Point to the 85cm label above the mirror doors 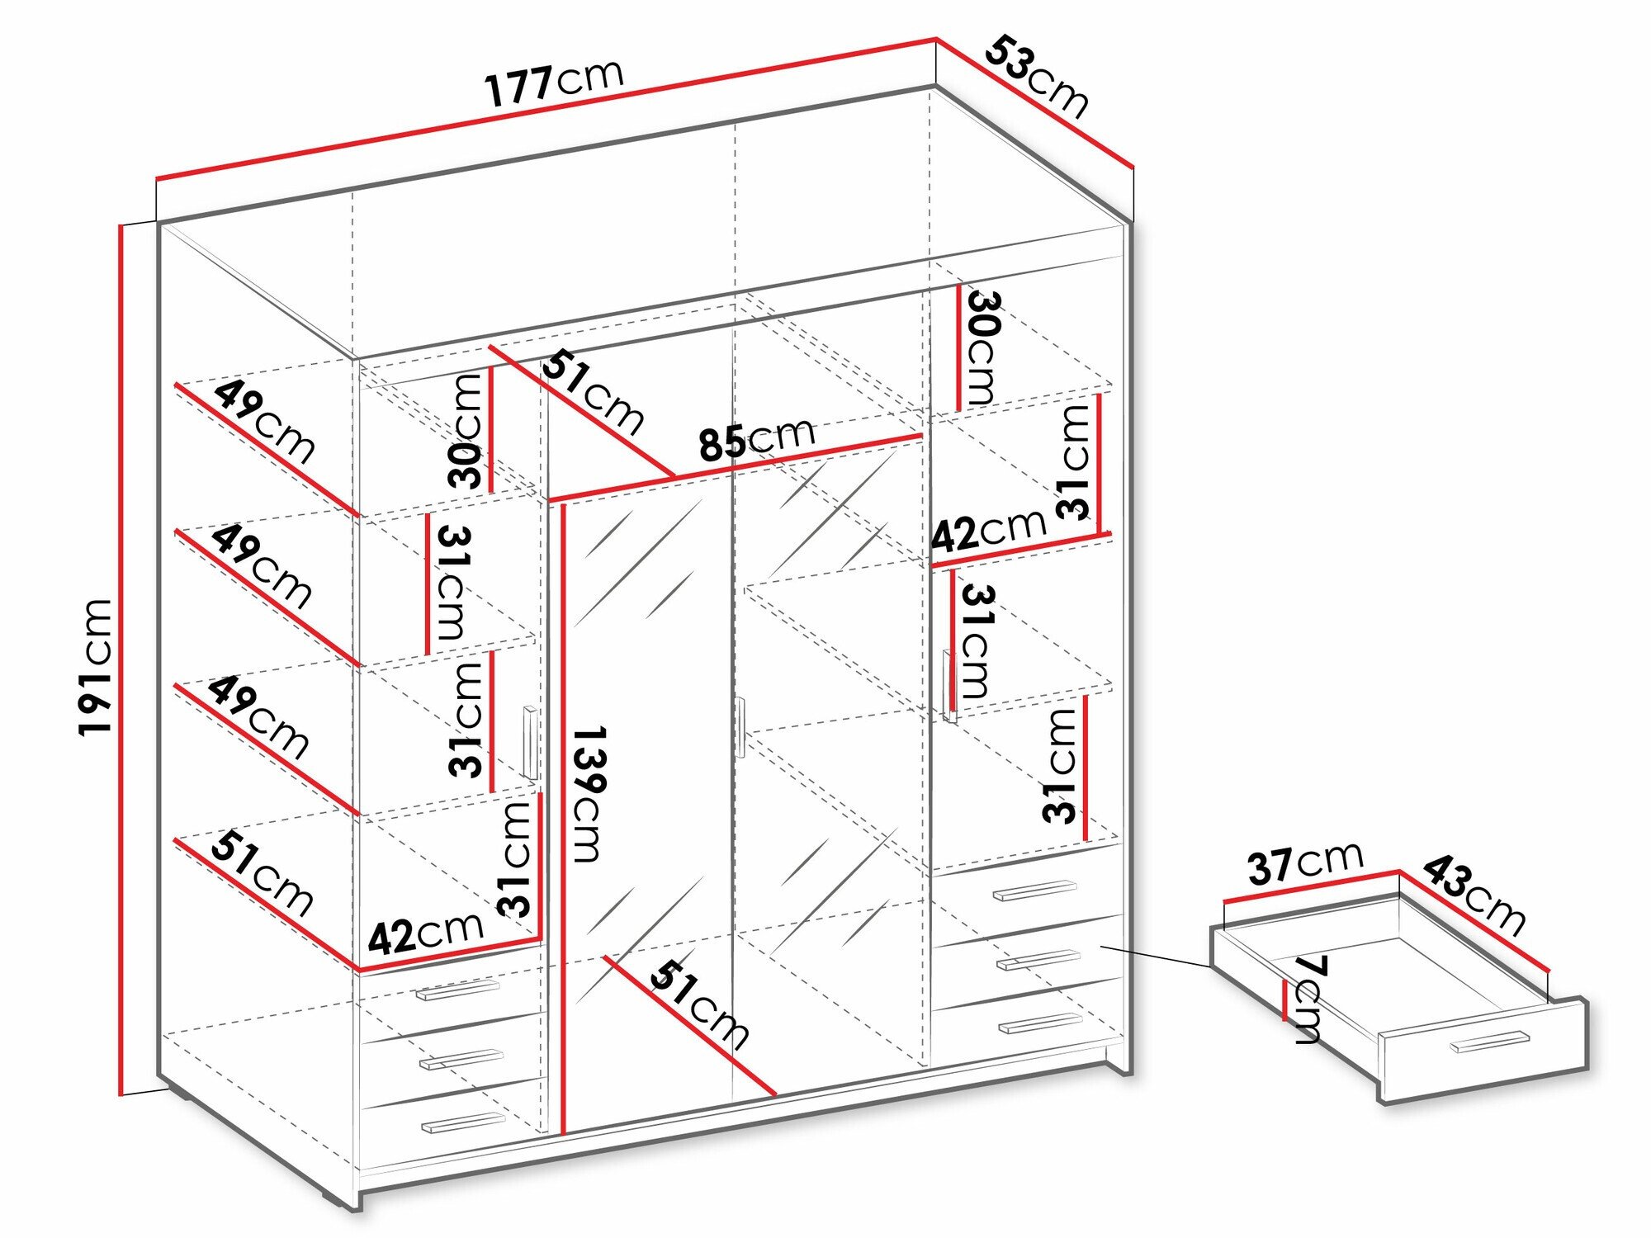[x=756, y=438]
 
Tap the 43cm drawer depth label [x=1474, y=894]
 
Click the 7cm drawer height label [x=1307, y=999]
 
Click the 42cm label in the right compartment [x=988, y=531]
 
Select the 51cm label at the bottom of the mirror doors [x=698, y=1004]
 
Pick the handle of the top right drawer [x=1034, y=891]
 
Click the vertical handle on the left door [x=530, y=743]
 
